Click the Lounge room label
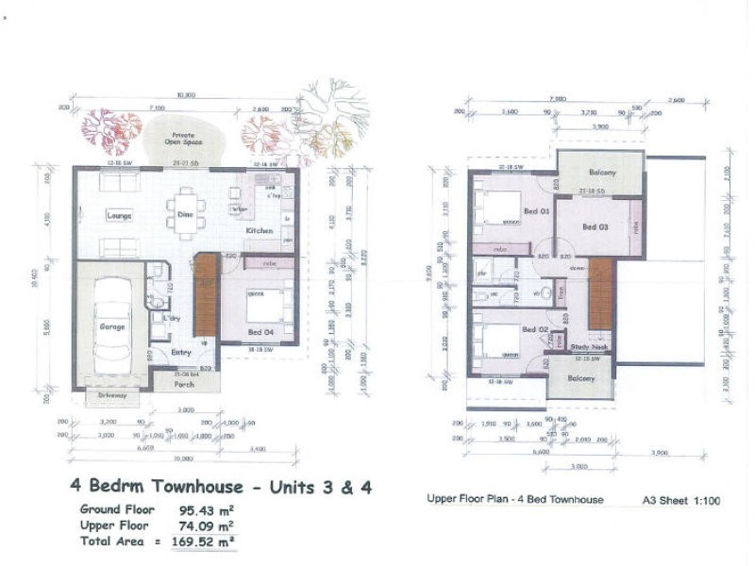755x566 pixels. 118,215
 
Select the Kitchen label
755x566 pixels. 260,230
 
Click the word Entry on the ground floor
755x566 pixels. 181,352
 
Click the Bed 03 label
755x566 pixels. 596,226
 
